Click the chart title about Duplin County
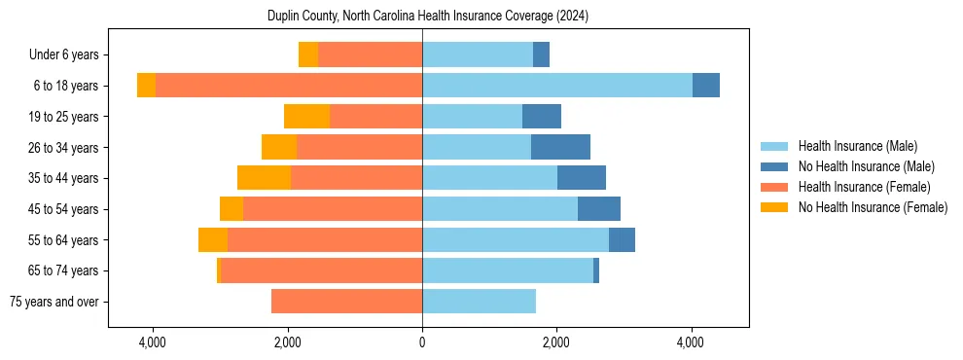428,17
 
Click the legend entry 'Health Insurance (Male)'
857,146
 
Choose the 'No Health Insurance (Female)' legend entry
873,207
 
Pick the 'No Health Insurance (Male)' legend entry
866,166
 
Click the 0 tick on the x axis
422,342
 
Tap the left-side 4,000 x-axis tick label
153,342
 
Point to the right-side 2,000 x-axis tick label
556,342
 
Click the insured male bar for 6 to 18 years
557,86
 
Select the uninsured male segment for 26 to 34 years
560,147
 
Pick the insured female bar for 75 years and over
346,302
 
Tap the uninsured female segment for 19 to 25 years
306,117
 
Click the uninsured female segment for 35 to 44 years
264,178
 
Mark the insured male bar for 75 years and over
479,302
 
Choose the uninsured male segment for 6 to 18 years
706,86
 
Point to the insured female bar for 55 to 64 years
325,239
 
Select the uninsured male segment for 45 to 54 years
599,209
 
